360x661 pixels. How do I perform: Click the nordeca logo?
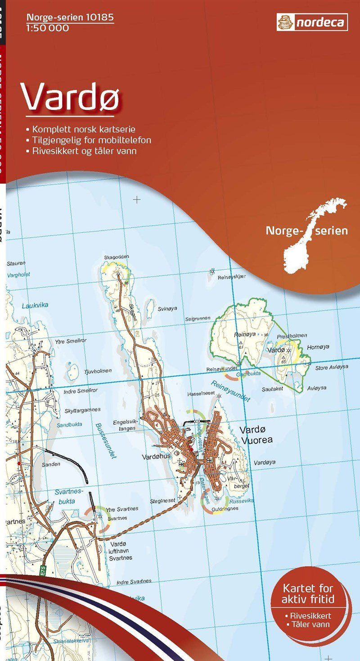pos(312,21)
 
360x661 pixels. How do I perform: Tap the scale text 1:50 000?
pos(48,28)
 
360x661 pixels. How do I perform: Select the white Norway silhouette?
pos(310,234)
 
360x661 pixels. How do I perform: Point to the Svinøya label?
pos(167,309)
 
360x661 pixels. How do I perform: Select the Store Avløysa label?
pos(331,367)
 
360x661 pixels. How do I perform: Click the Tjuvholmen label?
pos(97,371)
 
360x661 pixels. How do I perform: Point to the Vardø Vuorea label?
pos(256,435)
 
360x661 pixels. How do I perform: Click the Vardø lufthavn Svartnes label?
pos(121,551)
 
